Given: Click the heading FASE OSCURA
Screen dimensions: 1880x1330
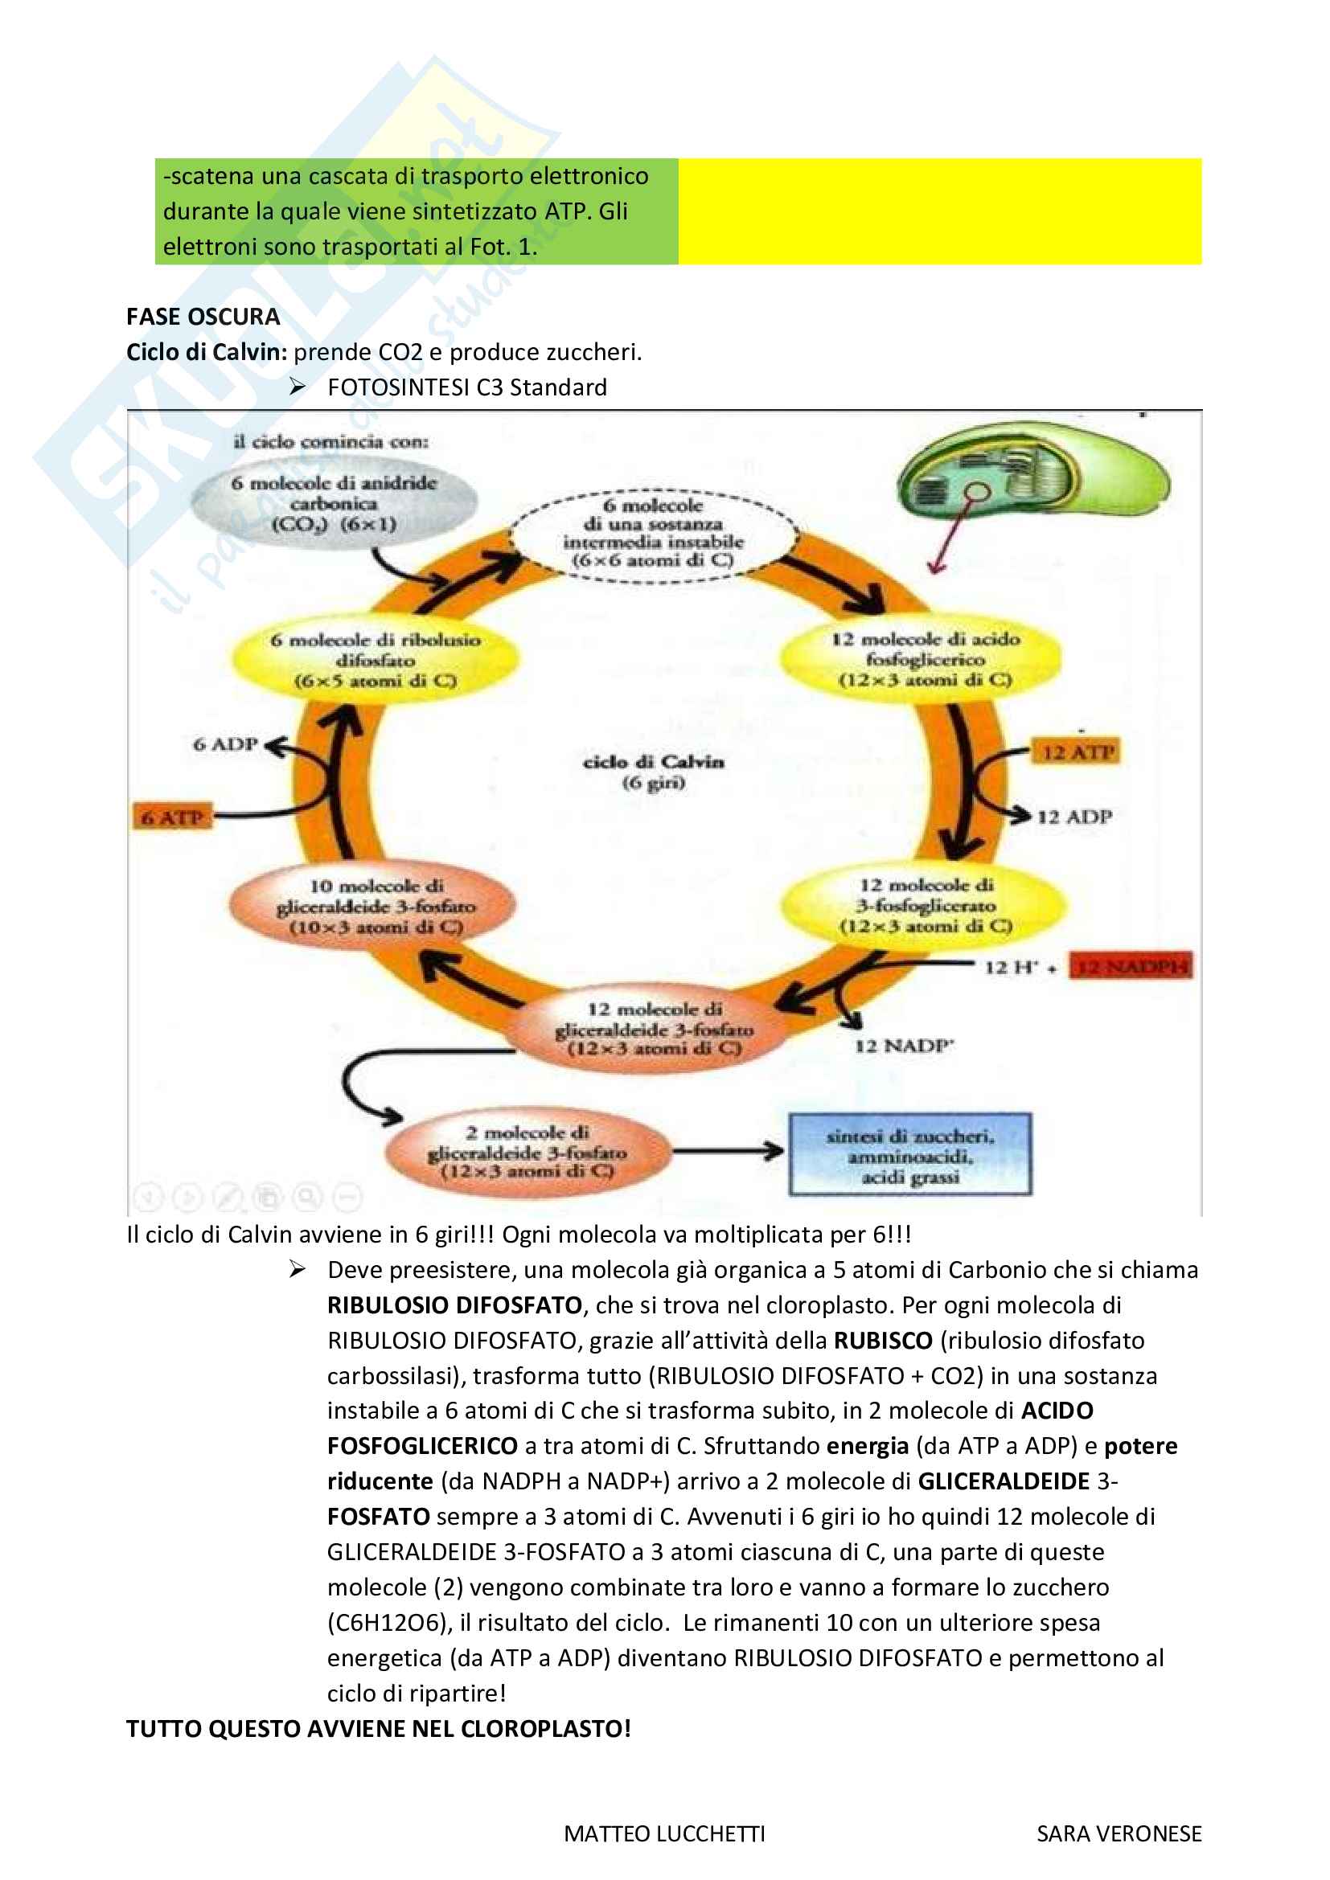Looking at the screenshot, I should [203, 317].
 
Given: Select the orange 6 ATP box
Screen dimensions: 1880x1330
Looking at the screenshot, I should [172, 817].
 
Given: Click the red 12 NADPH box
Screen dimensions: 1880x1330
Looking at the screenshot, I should [1132, 966].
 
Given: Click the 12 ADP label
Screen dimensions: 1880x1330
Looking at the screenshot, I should [1074, 817].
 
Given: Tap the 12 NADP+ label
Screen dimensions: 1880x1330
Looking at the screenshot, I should [904, 1046].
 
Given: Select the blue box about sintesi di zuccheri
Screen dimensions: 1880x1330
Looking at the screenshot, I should [909, 1154].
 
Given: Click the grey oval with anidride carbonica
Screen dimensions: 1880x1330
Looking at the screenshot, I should [335, 502].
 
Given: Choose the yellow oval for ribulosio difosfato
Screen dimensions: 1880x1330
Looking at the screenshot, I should [375, 660].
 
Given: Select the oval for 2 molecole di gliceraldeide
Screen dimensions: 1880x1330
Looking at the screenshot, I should [527, 1152].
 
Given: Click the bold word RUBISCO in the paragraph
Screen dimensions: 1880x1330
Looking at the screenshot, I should [883, 1341].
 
